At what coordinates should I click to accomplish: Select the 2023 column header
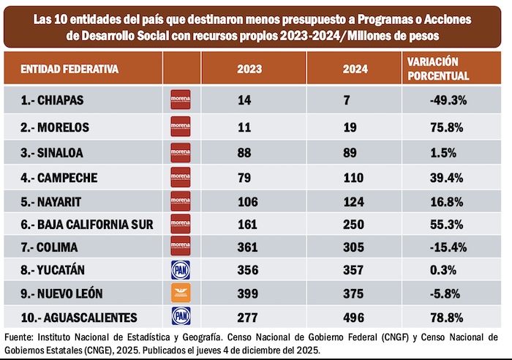(249, 70)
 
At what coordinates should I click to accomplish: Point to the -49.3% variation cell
(439, 99)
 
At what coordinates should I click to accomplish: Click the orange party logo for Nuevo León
(180, 293)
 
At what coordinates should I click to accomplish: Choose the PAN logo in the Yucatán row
(180, 269)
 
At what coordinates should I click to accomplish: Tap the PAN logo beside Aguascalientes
(180, 317)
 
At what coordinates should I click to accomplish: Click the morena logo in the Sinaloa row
(180, 151)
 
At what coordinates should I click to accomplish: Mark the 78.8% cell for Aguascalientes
(439, 317)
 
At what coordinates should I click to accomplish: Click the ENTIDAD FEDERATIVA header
(69, 70)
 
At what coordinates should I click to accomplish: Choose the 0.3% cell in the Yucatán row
(439, 269)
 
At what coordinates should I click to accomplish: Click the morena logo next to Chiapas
(180, 99)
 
